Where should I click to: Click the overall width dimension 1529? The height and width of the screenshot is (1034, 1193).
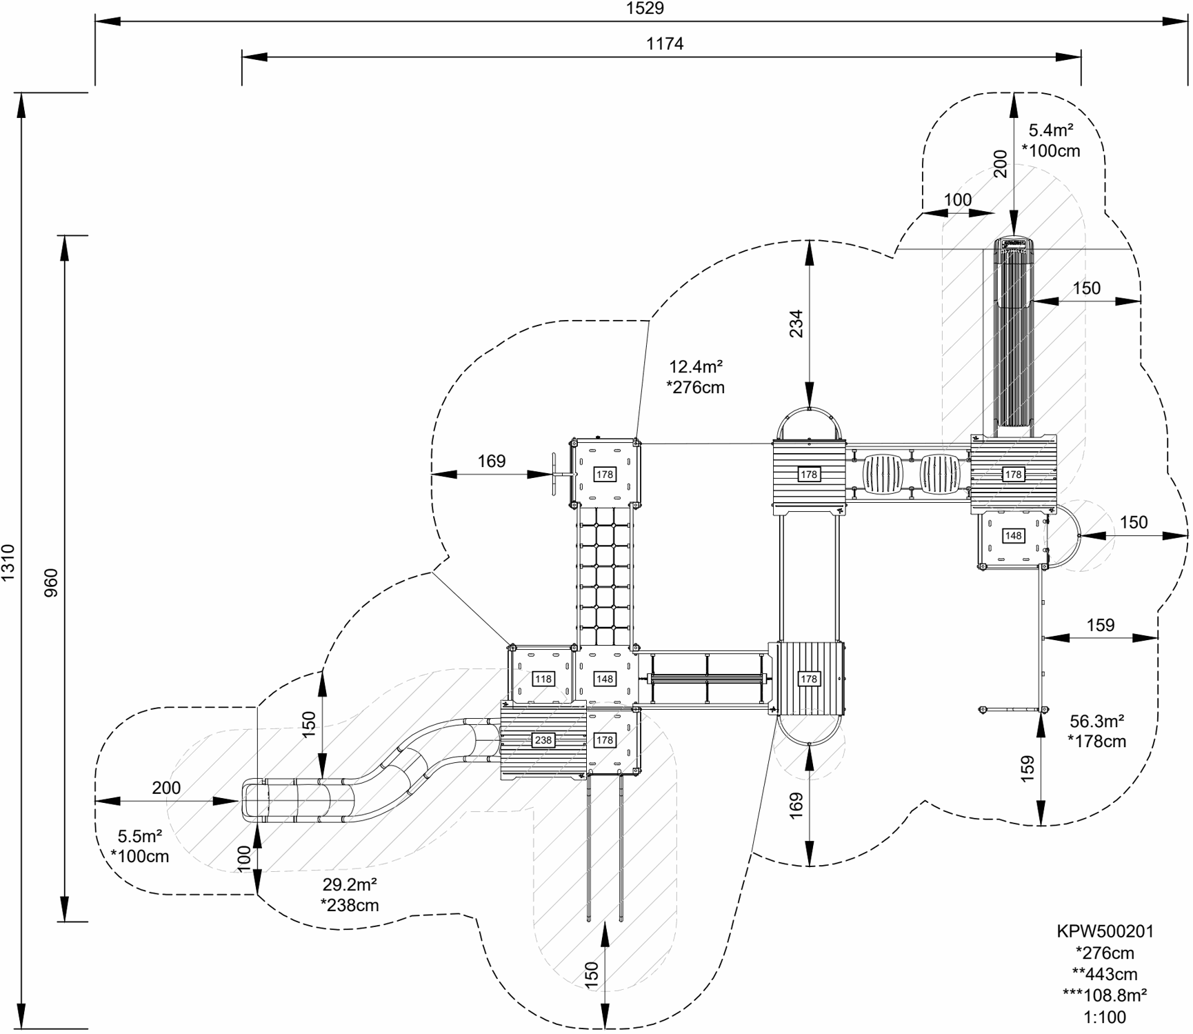click(x=645, y=8)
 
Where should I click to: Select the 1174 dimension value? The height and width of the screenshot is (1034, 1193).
click(x=665, y=44)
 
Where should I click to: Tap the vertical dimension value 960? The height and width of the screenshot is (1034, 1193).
click(x=51, y=582)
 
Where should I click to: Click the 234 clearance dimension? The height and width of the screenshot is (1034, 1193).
click(x=796, y=324)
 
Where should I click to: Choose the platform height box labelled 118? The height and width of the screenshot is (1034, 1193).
click(x=543, y=679)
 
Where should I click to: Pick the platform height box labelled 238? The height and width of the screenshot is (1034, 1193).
click(x=543, y=740)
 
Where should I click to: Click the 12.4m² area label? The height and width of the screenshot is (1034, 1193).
click(x=696, y=366)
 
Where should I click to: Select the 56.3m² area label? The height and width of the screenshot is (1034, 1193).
click(x=1096, y=722)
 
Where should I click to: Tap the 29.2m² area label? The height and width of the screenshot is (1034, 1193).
click(x=350, y=884)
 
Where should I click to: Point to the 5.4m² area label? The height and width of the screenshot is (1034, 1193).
click(x=1051, y=130)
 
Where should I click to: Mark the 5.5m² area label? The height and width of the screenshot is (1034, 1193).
click(x=140, y=837)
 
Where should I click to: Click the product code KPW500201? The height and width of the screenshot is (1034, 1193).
click(x=1105, y=931)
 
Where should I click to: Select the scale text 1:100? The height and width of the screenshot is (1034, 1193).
click(x=1105, y=1017)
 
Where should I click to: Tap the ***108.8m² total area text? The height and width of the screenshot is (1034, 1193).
click(x=1105, y=995)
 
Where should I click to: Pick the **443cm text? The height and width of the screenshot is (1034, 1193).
click(x=1105, y=974)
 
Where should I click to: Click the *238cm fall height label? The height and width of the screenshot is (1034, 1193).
click(x=350, y=905)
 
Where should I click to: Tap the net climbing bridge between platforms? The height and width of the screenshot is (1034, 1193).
click(x=605, y=576)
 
